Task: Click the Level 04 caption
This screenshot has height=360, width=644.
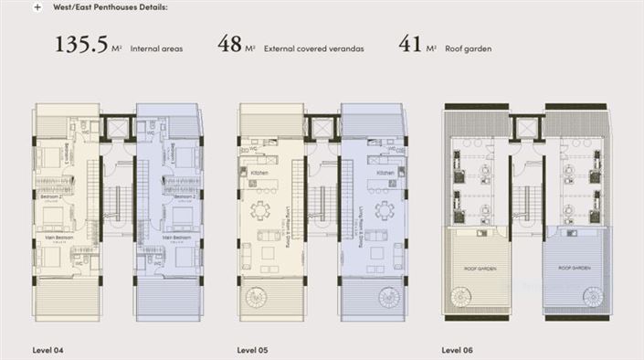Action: (48, 349)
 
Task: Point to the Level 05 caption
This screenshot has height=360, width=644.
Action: (253, 349)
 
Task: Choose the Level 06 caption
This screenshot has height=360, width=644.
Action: (458, 349)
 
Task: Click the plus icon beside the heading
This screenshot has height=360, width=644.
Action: (37, 6)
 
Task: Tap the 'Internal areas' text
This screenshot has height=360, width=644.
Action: (158, 48)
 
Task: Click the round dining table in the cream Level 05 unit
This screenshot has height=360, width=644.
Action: (261, 210)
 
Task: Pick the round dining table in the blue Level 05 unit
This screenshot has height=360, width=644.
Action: (385, 210)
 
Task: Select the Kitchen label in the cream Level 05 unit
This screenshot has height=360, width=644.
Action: (259, 172)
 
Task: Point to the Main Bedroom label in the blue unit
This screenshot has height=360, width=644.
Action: (175, 237)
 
